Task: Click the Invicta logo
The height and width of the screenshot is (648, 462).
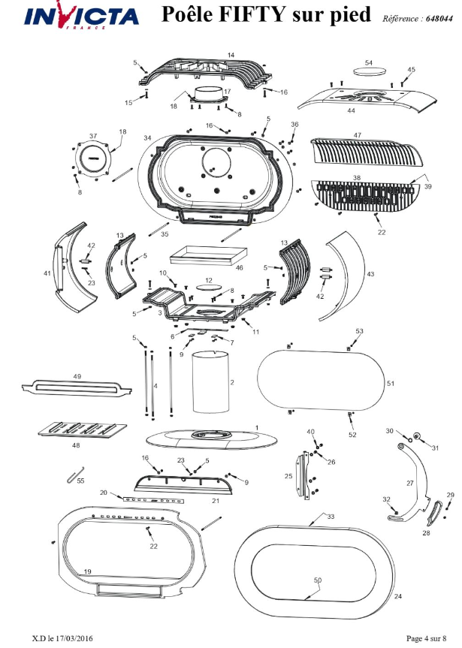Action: coord(81,16)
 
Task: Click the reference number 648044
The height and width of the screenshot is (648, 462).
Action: coord(439,19)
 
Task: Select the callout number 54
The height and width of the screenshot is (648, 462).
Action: coord(369,63)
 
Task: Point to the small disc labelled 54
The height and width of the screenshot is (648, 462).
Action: coord(370,71)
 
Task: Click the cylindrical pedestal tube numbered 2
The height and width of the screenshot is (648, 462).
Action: coord(210,381)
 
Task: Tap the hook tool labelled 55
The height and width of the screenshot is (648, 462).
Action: coord(75,475)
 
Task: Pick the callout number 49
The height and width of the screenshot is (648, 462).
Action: coord(77,376)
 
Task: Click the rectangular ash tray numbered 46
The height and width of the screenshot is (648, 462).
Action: coord(208,255)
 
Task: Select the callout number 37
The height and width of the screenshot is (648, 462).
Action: coord(93,136)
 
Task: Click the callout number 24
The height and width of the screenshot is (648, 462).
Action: coord(398,596)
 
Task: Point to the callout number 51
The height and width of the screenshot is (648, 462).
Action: coord(391,383)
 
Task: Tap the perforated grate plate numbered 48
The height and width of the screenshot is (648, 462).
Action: coord(83,429)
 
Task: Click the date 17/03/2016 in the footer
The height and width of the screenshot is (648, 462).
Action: coord(74,638)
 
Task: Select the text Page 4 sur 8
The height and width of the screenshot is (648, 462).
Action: coord(427,638)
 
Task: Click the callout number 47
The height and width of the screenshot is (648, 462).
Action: coord(358,135)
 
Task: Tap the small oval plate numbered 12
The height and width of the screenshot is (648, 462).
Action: coord(208,287)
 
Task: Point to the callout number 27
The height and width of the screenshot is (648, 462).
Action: coord(410,483)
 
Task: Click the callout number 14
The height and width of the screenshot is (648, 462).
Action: coord(231,55)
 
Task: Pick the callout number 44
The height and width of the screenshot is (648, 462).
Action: coord(351,111)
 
